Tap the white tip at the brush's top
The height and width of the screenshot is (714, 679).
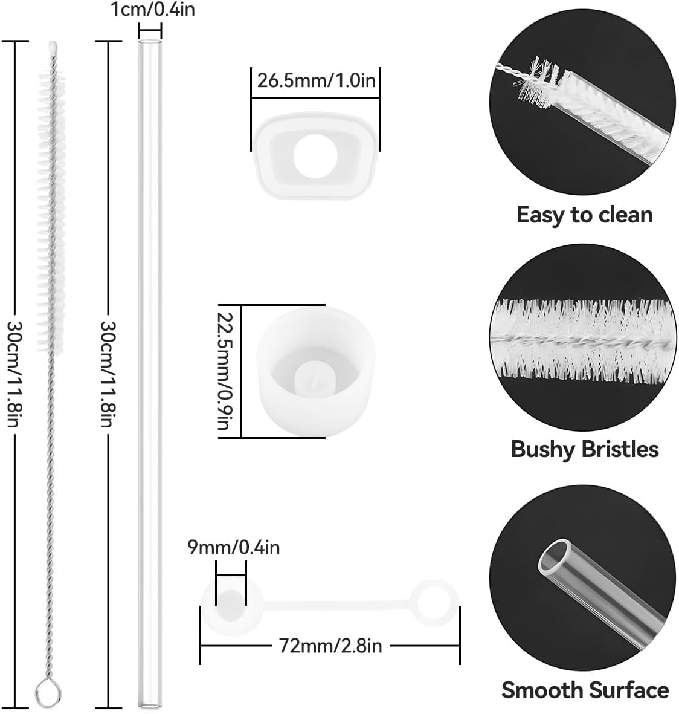pyautogui.click(x=53, y=47)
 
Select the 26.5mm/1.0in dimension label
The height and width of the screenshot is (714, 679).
pyautogui.click(x=317, y=80)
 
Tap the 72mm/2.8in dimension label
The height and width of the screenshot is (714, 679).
pyautogui.click(x=330, y=646)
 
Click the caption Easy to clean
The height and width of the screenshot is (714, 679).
pyautogui.click(x=584, y=215)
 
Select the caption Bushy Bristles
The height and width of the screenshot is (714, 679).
pyautogui.click(x=584, y=449)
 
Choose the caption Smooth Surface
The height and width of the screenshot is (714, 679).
pyautogui.click(x=585, y=690)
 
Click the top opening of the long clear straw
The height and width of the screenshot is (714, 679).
pyautogui.click(x=150, y=43)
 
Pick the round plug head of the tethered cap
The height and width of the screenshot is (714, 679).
pyautogui.click(x=230, y=602)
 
